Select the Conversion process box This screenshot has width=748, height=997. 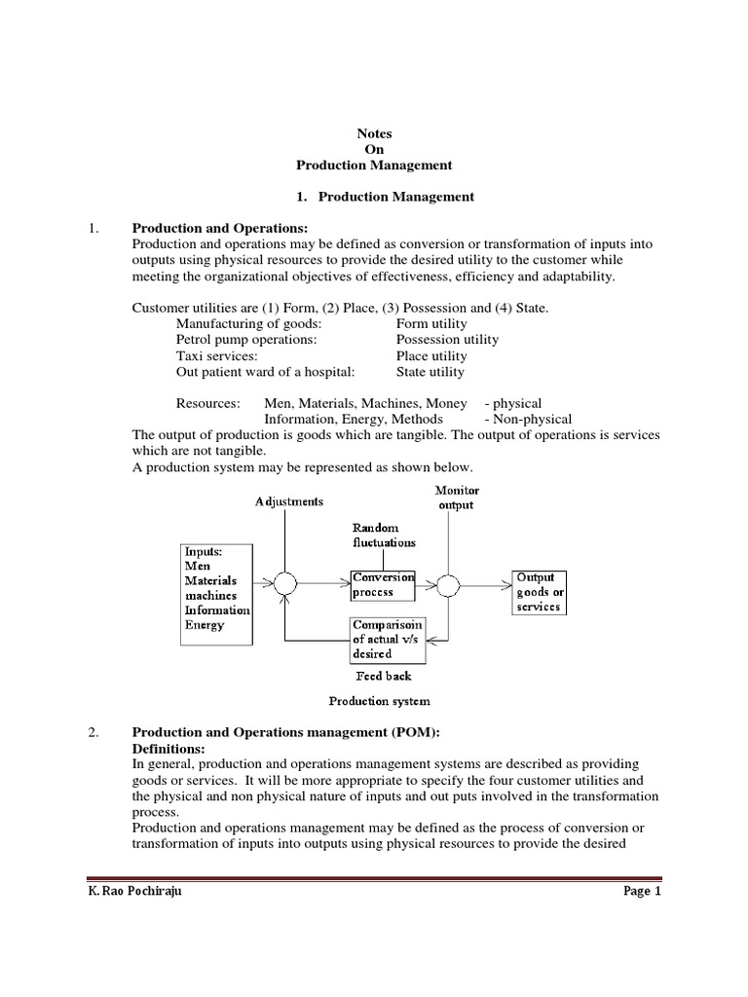(x=382, y=584)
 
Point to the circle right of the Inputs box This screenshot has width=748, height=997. (x=285, y=583)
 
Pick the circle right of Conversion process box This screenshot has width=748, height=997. (x=448, y=584)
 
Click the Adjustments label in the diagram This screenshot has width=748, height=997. (x=288, y=501)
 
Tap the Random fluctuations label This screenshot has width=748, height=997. (x=384, y=535)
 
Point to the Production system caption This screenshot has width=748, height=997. (x=379, y=701)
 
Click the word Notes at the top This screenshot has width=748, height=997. (x=374, y=133)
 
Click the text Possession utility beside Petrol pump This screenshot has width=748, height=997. (x=447, y=340)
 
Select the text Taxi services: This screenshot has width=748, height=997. (x=216, y=355)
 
